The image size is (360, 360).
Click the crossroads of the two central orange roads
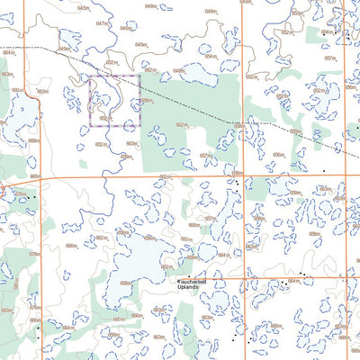click(242, 176)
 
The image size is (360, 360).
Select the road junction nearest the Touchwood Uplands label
click(242, 278)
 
